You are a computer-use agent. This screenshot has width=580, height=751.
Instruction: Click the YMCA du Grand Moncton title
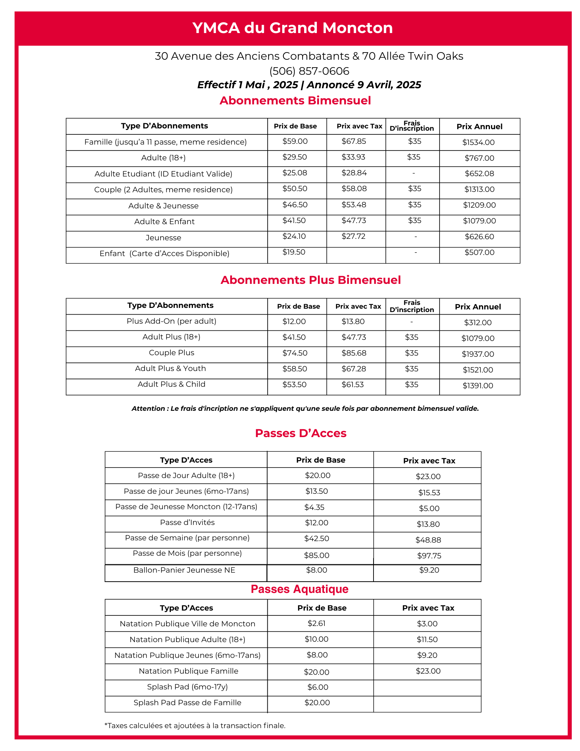292,28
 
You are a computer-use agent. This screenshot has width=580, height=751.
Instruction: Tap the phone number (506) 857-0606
309,71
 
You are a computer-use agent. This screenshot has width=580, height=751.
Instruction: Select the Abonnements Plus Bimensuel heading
310,280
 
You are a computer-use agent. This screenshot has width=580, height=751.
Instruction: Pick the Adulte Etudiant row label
163,174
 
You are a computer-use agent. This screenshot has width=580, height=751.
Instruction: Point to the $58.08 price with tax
354,189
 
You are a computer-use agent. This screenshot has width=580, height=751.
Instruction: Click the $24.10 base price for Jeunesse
294,236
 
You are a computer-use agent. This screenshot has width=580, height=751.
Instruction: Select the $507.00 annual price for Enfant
479,252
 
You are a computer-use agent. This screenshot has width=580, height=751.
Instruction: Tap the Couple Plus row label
172,353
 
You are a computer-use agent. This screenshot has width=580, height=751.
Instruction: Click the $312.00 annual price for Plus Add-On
478,323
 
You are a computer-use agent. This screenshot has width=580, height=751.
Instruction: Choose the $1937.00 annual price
478,354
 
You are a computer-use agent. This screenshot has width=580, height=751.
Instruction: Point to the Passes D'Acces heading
300,433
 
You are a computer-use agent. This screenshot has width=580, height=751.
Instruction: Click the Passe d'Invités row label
187,522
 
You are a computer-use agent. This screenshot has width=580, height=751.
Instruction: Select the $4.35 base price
314,507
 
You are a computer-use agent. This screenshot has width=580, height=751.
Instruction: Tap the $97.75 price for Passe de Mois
429,556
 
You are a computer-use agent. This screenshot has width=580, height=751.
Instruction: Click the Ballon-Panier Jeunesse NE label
184,570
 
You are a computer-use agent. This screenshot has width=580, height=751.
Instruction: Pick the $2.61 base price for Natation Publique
316,623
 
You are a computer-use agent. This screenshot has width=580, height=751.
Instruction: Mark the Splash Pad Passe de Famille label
187,703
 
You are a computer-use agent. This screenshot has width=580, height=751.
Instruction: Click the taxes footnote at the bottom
195,725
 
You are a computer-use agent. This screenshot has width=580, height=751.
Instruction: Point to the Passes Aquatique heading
300,589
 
